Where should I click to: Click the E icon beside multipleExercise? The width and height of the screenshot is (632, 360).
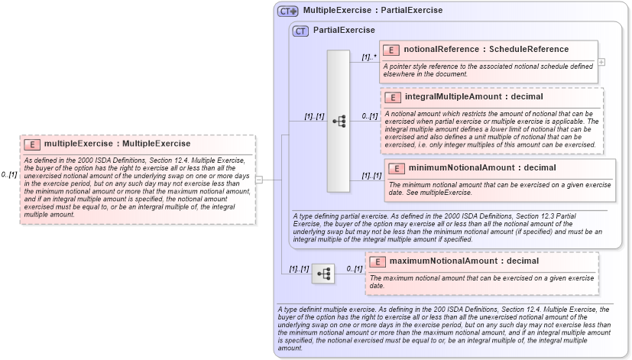(x=34, y=144)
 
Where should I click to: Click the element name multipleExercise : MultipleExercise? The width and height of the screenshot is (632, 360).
(x=117, y=144)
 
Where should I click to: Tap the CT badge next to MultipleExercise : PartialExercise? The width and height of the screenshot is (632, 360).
(x=288, y=11)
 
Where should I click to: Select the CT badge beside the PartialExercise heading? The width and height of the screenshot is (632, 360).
(x=301, y=31)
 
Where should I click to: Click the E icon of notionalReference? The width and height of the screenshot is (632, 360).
(x=391, y=50)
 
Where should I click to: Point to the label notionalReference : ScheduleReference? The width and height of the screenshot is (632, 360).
(x=486, y=50)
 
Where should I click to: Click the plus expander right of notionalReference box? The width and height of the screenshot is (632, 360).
(x=601, y=61)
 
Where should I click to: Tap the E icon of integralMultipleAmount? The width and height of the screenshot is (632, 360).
(x=393, y=97)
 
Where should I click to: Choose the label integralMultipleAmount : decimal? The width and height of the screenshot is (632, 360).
(x=463, y=97)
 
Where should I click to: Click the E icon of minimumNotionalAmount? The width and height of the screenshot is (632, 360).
(x=397, y=168)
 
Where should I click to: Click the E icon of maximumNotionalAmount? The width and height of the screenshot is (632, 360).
(x=377, y=261)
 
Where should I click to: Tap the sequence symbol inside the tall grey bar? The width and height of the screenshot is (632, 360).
(x=339, y=121)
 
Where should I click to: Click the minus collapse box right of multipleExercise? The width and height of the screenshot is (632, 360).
(x=259, y=180)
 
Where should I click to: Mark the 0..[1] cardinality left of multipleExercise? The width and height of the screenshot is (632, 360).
(x=9, y=174)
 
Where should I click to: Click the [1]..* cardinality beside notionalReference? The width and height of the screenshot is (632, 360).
(x=369, y=57)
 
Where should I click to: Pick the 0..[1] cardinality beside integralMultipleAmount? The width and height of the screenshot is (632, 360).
(x=370, y=116)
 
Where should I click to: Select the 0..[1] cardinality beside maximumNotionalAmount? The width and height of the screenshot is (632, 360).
(x=354, y=268)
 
